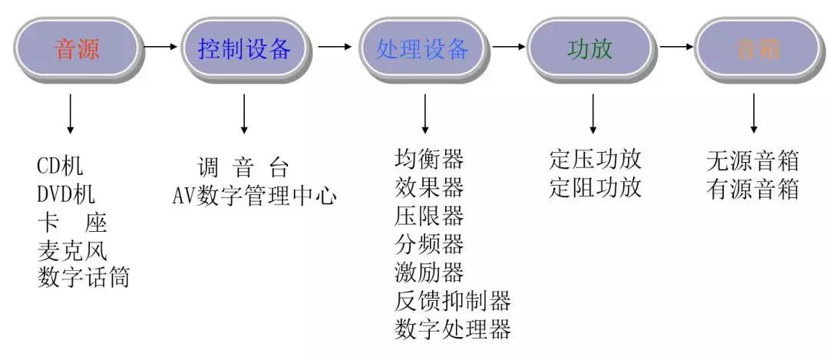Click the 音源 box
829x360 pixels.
(x=77, y=49)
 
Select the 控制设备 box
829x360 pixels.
(x=244, y=49)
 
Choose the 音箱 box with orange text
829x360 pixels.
(x=757, y=49)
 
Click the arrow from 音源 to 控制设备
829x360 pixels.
(x=160, y=47)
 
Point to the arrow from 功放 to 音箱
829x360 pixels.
(x=675, y=47)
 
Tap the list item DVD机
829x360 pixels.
(x=67, y=193)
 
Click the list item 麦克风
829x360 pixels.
(x=72, y=250)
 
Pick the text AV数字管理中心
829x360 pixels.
(x=254, y=195)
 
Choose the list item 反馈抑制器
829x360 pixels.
(x=452, y=300)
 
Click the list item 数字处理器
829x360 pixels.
(x=452, y=329)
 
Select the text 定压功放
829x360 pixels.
(x=595, y=159)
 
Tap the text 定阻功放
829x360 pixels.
(x=595, y=187)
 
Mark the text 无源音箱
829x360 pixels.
(x=752, y=161)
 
